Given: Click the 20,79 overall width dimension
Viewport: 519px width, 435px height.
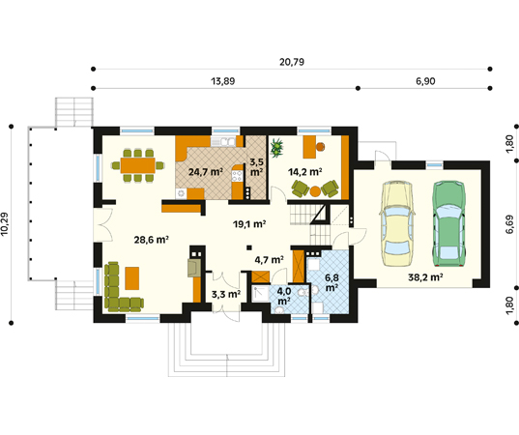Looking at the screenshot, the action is pos(292,62).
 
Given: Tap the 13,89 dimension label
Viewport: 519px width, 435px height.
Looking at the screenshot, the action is pos(223,81).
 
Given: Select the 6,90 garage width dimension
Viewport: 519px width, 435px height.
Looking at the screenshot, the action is pos(425,81).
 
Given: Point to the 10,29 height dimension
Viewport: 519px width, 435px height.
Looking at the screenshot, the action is pos(4,224).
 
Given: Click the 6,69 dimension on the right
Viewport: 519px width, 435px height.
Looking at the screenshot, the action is pos(509,224).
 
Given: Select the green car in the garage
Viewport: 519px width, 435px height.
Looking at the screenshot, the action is pos(449,223).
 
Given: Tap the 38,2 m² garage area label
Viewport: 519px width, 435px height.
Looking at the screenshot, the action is pos(425,276).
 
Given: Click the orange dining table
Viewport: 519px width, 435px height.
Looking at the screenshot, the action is pos(137,165).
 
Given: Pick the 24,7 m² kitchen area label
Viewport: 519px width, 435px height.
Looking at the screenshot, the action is pos(205,172).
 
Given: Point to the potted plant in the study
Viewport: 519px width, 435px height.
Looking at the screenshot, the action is pos(277,147).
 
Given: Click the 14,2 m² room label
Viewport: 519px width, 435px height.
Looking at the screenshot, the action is pos(304,172).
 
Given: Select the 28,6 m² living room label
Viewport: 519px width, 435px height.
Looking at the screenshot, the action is pos(152,240).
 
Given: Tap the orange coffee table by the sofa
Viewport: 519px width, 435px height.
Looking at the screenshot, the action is pos(132,278).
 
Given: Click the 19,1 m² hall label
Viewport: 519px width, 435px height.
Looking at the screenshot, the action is pos(249,224).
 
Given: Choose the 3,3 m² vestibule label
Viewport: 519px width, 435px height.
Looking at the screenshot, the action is pos(226,294).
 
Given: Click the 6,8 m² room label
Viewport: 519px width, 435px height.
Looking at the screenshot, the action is pos(332,282).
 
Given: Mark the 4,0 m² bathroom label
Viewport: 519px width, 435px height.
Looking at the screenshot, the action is pos(284,297).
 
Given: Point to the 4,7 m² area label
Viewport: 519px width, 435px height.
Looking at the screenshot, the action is pos(269,259).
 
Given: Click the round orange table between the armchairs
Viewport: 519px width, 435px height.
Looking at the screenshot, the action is pos(315,191).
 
